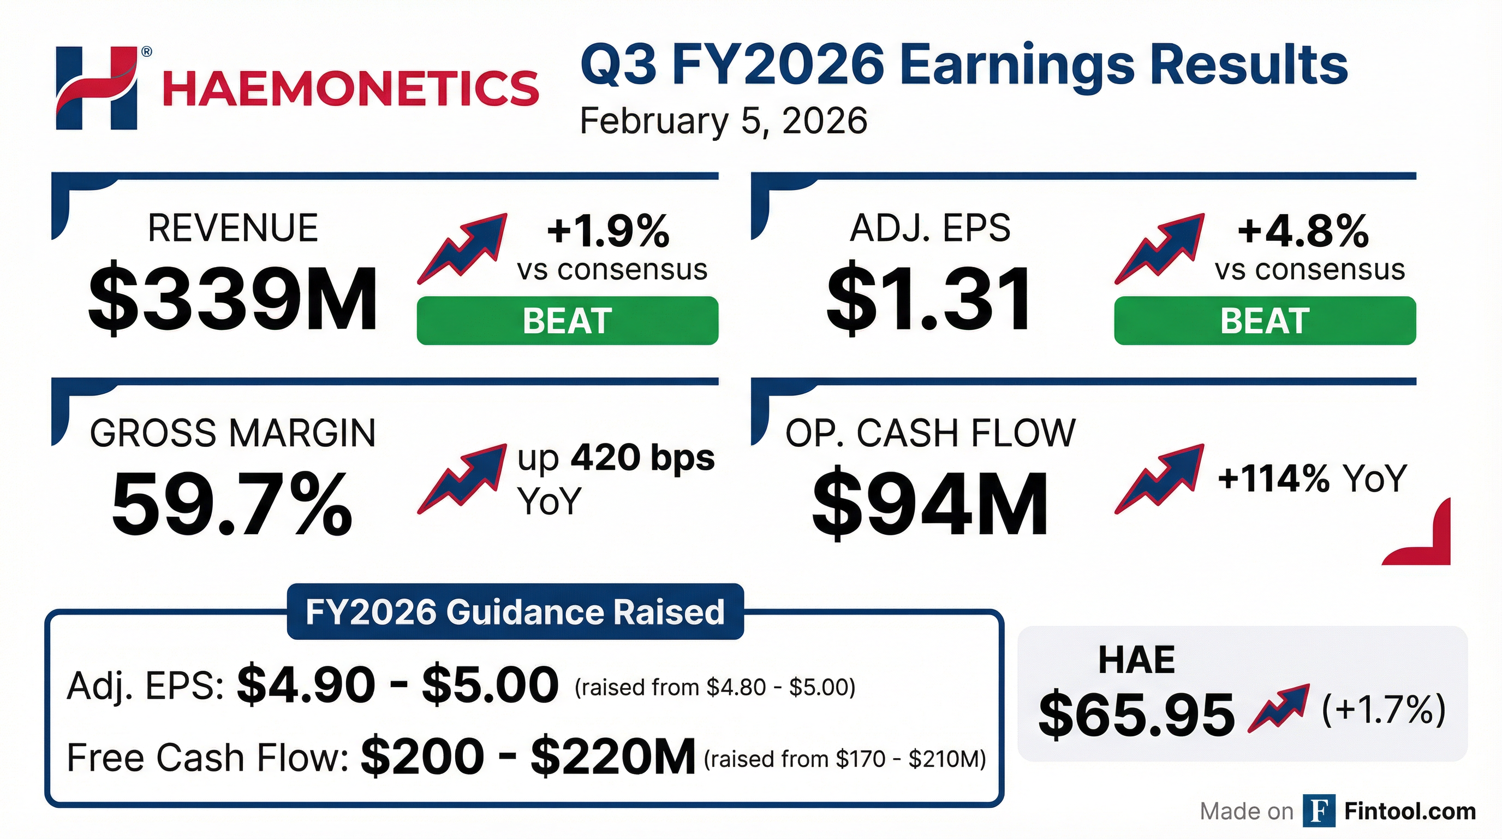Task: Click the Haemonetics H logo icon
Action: (96, 87)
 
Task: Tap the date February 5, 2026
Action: (724, 121)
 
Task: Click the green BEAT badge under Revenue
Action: (567, 320)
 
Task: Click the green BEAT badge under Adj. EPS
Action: (1265, 320)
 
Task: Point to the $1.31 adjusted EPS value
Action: (929, 299)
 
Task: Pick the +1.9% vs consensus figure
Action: (608, 231)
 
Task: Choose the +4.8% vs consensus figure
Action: (1304, 231)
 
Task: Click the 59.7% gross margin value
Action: (232, 504)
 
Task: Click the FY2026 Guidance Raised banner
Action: (515, 611)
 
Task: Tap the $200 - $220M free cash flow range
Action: (528, 757)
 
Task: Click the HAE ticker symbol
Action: (1136, 660)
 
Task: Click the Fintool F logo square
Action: (1319, 811)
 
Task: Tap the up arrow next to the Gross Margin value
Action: (462, 479)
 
